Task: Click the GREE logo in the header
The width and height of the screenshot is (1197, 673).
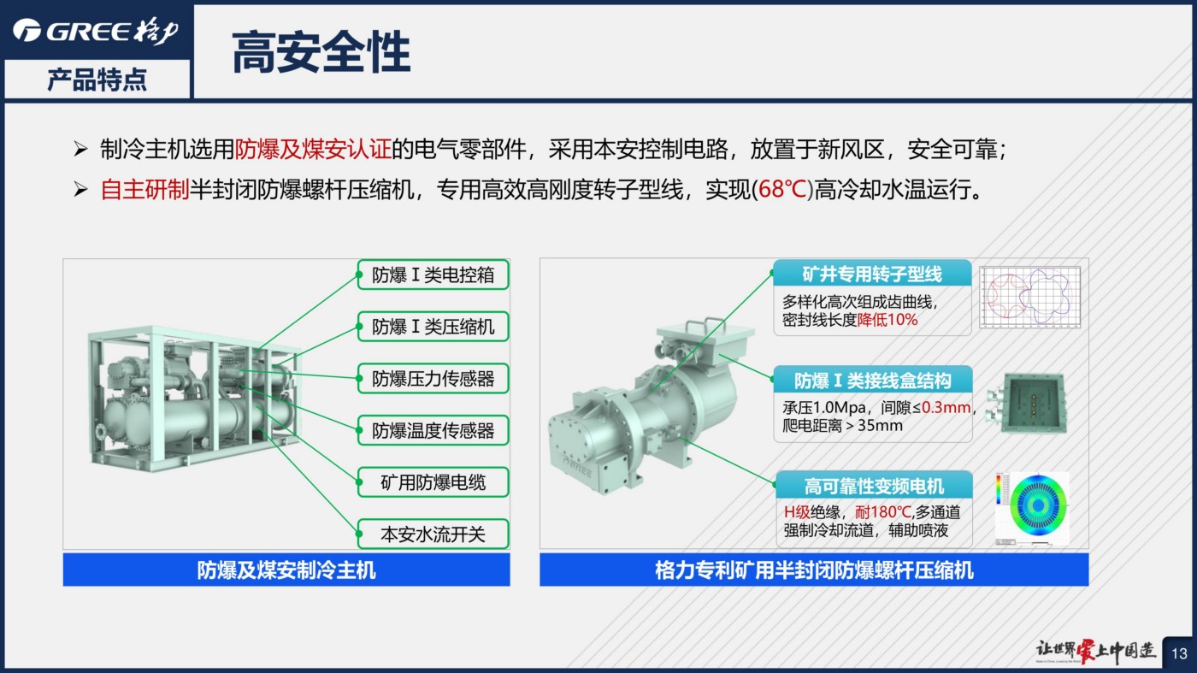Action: tap(96, 31)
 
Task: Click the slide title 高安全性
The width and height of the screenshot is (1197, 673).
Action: tap(321, 52)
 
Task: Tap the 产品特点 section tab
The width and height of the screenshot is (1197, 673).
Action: tap(97, 80)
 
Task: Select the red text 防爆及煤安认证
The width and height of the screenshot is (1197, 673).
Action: tap(313, 149)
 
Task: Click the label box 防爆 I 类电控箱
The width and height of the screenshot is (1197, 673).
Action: tap(433, 275)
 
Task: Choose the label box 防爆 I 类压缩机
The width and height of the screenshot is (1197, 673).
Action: tap(433, 326)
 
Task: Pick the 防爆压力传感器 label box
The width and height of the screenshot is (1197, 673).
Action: tap(433, 379)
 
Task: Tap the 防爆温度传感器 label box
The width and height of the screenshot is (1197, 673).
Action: tap(433, 430)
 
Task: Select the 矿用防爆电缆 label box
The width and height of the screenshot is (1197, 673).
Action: tap(433, 482)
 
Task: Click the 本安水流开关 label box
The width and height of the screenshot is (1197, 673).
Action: tap(433, 534)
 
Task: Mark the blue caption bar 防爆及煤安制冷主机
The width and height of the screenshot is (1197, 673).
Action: tap(286, 570)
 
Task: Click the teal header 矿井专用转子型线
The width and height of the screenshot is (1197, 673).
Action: tap(871, 274)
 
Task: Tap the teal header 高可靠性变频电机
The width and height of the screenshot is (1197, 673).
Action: tap(874, 486)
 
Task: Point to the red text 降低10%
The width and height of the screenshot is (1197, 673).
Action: tap(887, 320)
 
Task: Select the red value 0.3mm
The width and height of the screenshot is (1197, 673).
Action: tap(946, 408)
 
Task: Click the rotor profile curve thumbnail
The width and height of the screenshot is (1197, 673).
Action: tap(1029, 298)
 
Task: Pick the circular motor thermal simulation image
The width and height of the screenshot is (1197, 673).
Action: tap(1033, 508)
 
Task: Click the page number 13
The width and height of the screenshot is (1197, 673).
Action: tap(1179, 653)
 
